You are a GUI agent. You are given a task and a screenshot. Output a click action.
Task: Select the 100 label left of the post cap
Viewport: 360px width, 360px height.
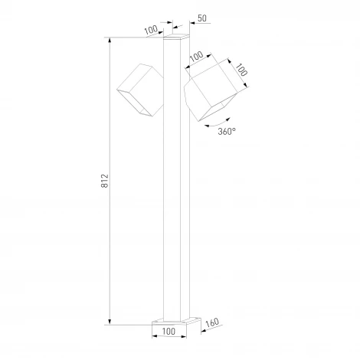coord(151,30)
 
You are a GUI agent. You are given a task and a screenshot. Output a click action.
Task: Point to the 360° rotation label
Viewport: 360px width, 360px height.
coord(227,130)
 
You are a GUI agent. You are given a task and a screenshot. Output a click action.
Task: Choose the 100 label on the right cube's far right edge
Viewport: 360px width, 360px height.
coord(242,70)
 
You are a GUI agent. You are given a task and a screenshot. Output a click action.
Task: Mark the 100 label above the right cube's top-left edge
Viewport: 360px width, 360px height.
coord(197,57)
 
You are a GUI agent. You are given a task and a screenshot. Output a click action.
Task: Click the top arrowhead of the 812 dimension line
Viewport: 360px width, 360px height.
coord(112,39)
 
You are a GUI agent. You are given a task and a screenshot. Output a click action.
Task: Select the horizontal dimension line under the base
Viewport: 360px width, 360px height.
coord(176,339)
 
